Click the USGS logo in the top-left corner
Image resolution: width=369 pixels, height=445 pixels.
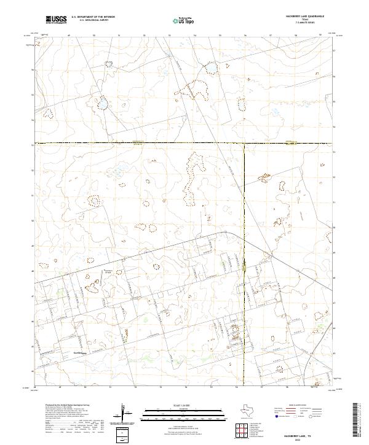click(x=56, y=20)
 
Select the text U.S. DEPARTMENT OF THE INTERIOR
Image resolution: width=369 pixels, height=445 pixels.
click(x=93, y=17)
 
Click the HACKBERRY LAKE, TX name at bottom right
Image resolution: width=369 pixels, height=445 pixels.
click(x=300, y=435)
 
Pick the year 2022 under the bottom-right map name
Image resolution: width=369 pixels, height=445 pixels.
click(x=300, y=439)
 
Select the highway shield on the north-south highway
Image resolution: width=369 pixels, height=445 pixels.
click(x=245, y=265)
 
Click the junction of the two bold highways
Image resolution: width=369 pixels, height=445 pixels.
click(x=245, y=144)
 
